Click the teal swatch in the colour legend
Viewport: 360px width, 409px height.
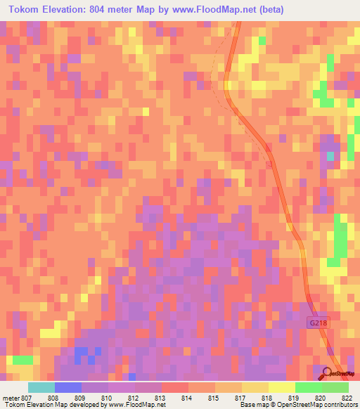41,387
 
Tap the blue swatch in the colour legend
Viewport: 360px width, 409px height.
67,387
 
